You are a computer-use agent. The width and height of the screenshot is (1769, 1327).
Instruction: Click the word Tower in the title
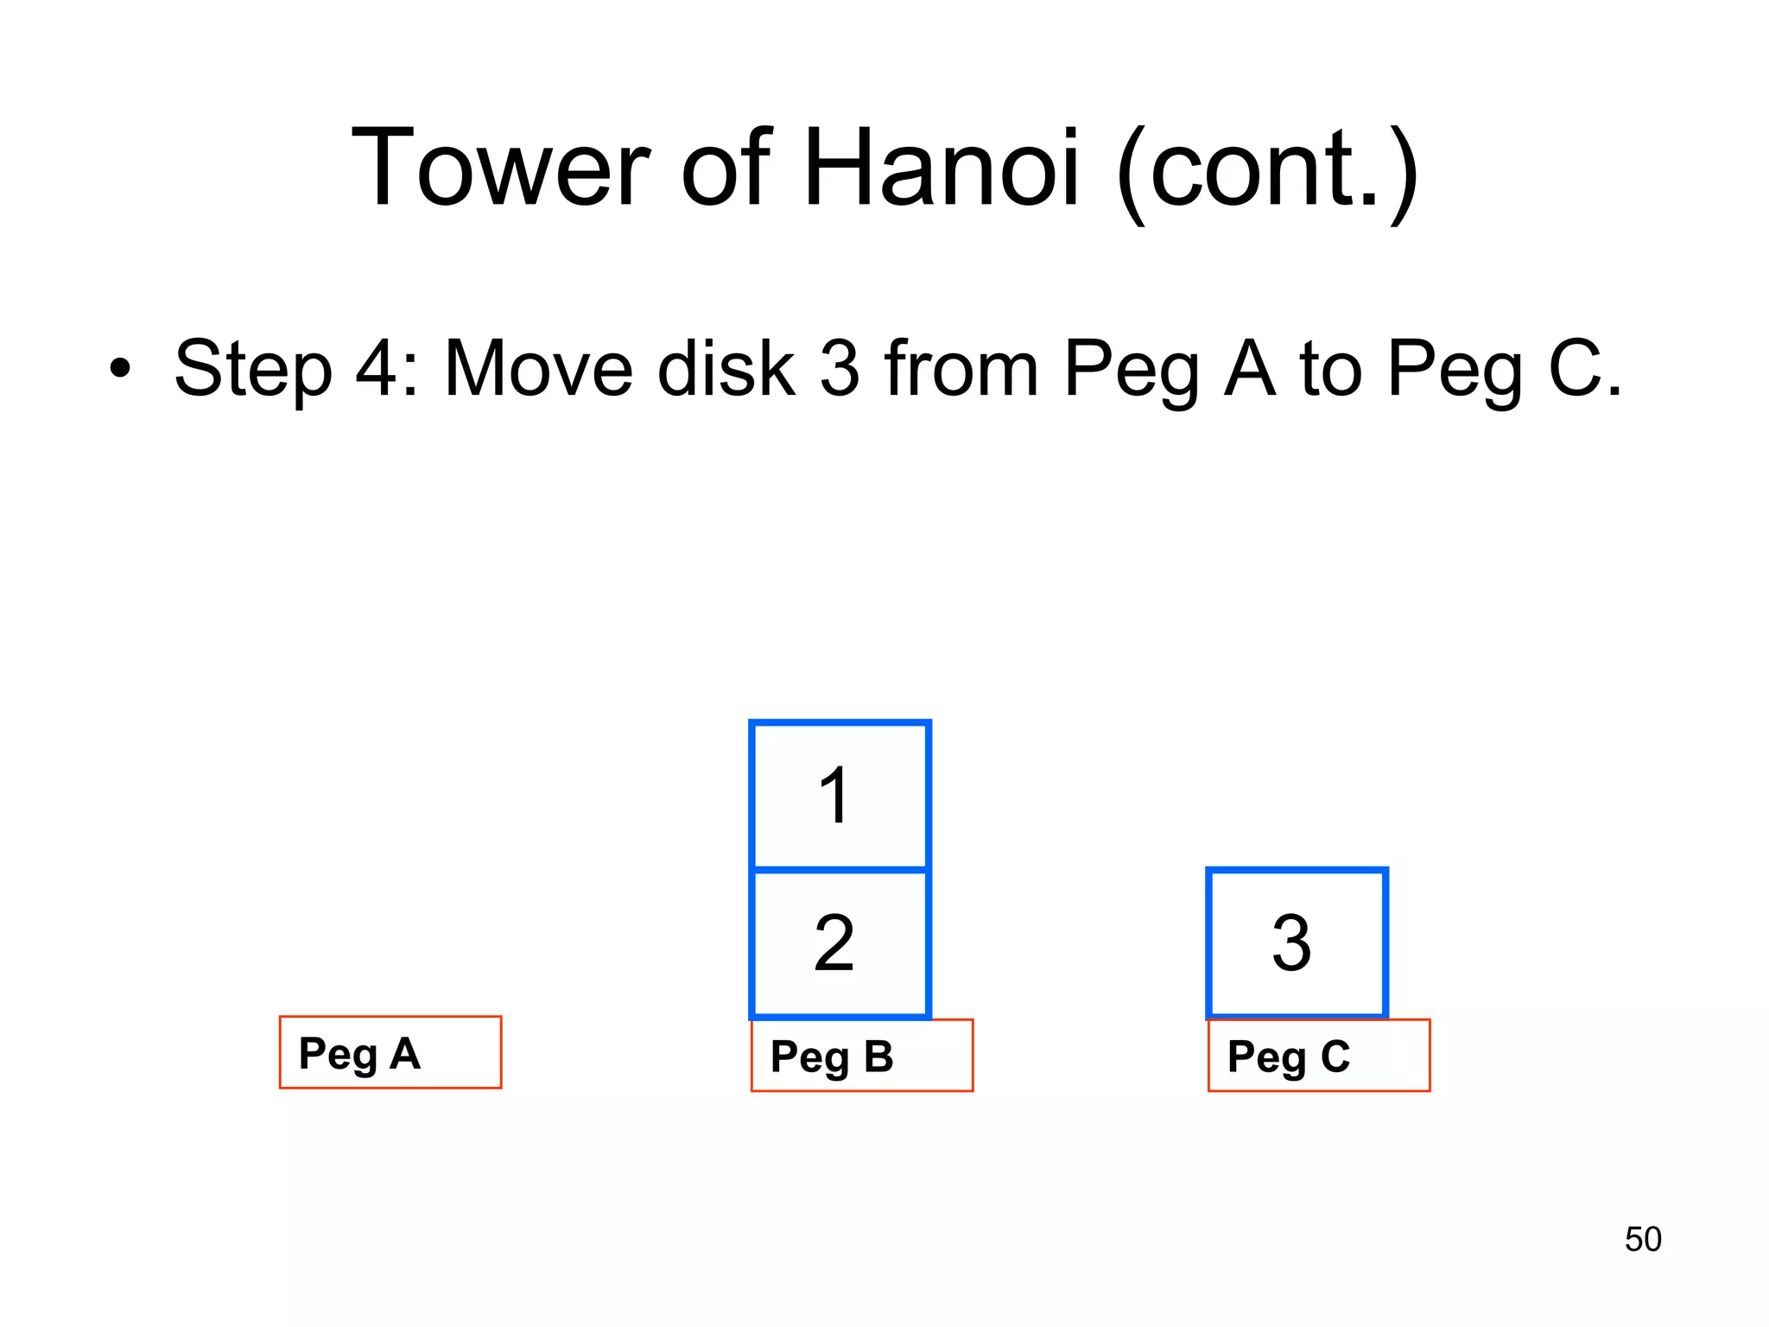[x=499, y=168]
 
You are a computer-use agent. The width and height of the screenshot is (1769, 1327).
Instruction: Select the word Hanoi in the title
[x=942, y=168]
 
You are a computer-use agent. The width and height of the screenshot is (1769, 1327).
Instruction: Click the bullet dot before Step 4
[x=120, y=369]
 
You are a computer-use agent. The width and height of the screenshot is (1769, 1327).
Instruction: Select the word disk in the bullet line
[x=726, y=369]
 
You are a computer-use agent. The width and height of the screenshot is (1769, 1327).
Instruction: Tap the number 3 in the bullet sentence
[x=840, y=369]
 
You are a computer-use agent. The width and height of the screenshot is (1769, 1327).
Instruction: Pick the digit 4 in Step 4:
[x=377, y=369]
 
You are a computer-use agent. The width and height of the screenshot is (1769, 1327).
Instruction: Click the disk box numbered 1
[x=840, y=795]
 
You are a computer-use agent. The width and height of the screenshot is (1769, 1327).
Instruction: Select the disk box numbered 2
[x=840, y=943]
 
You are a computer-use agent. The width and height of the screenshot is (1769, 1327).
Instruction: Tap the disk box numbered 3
[x=1296, y=943]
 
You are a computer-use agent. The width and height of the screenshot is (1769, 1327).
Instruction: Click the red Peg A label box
[x=390, y=1052]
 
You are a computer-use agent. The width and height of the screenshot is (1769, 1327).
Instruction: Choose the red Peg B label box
[x=862, y=1056]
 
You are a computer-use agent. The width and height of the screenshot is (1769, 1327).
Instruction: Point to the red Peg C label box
[x=1319, y=1056]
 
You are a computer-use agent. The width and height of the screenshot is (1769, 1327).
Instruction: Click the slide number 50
[x=1642, y=1240]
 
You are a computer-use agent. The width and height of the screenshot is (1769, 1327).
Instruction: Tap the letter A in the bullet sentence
[x=1249, y=369]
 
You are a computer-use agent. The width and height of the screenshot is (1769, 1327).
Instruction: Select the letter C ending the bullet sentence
[x=1576, y=369]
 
